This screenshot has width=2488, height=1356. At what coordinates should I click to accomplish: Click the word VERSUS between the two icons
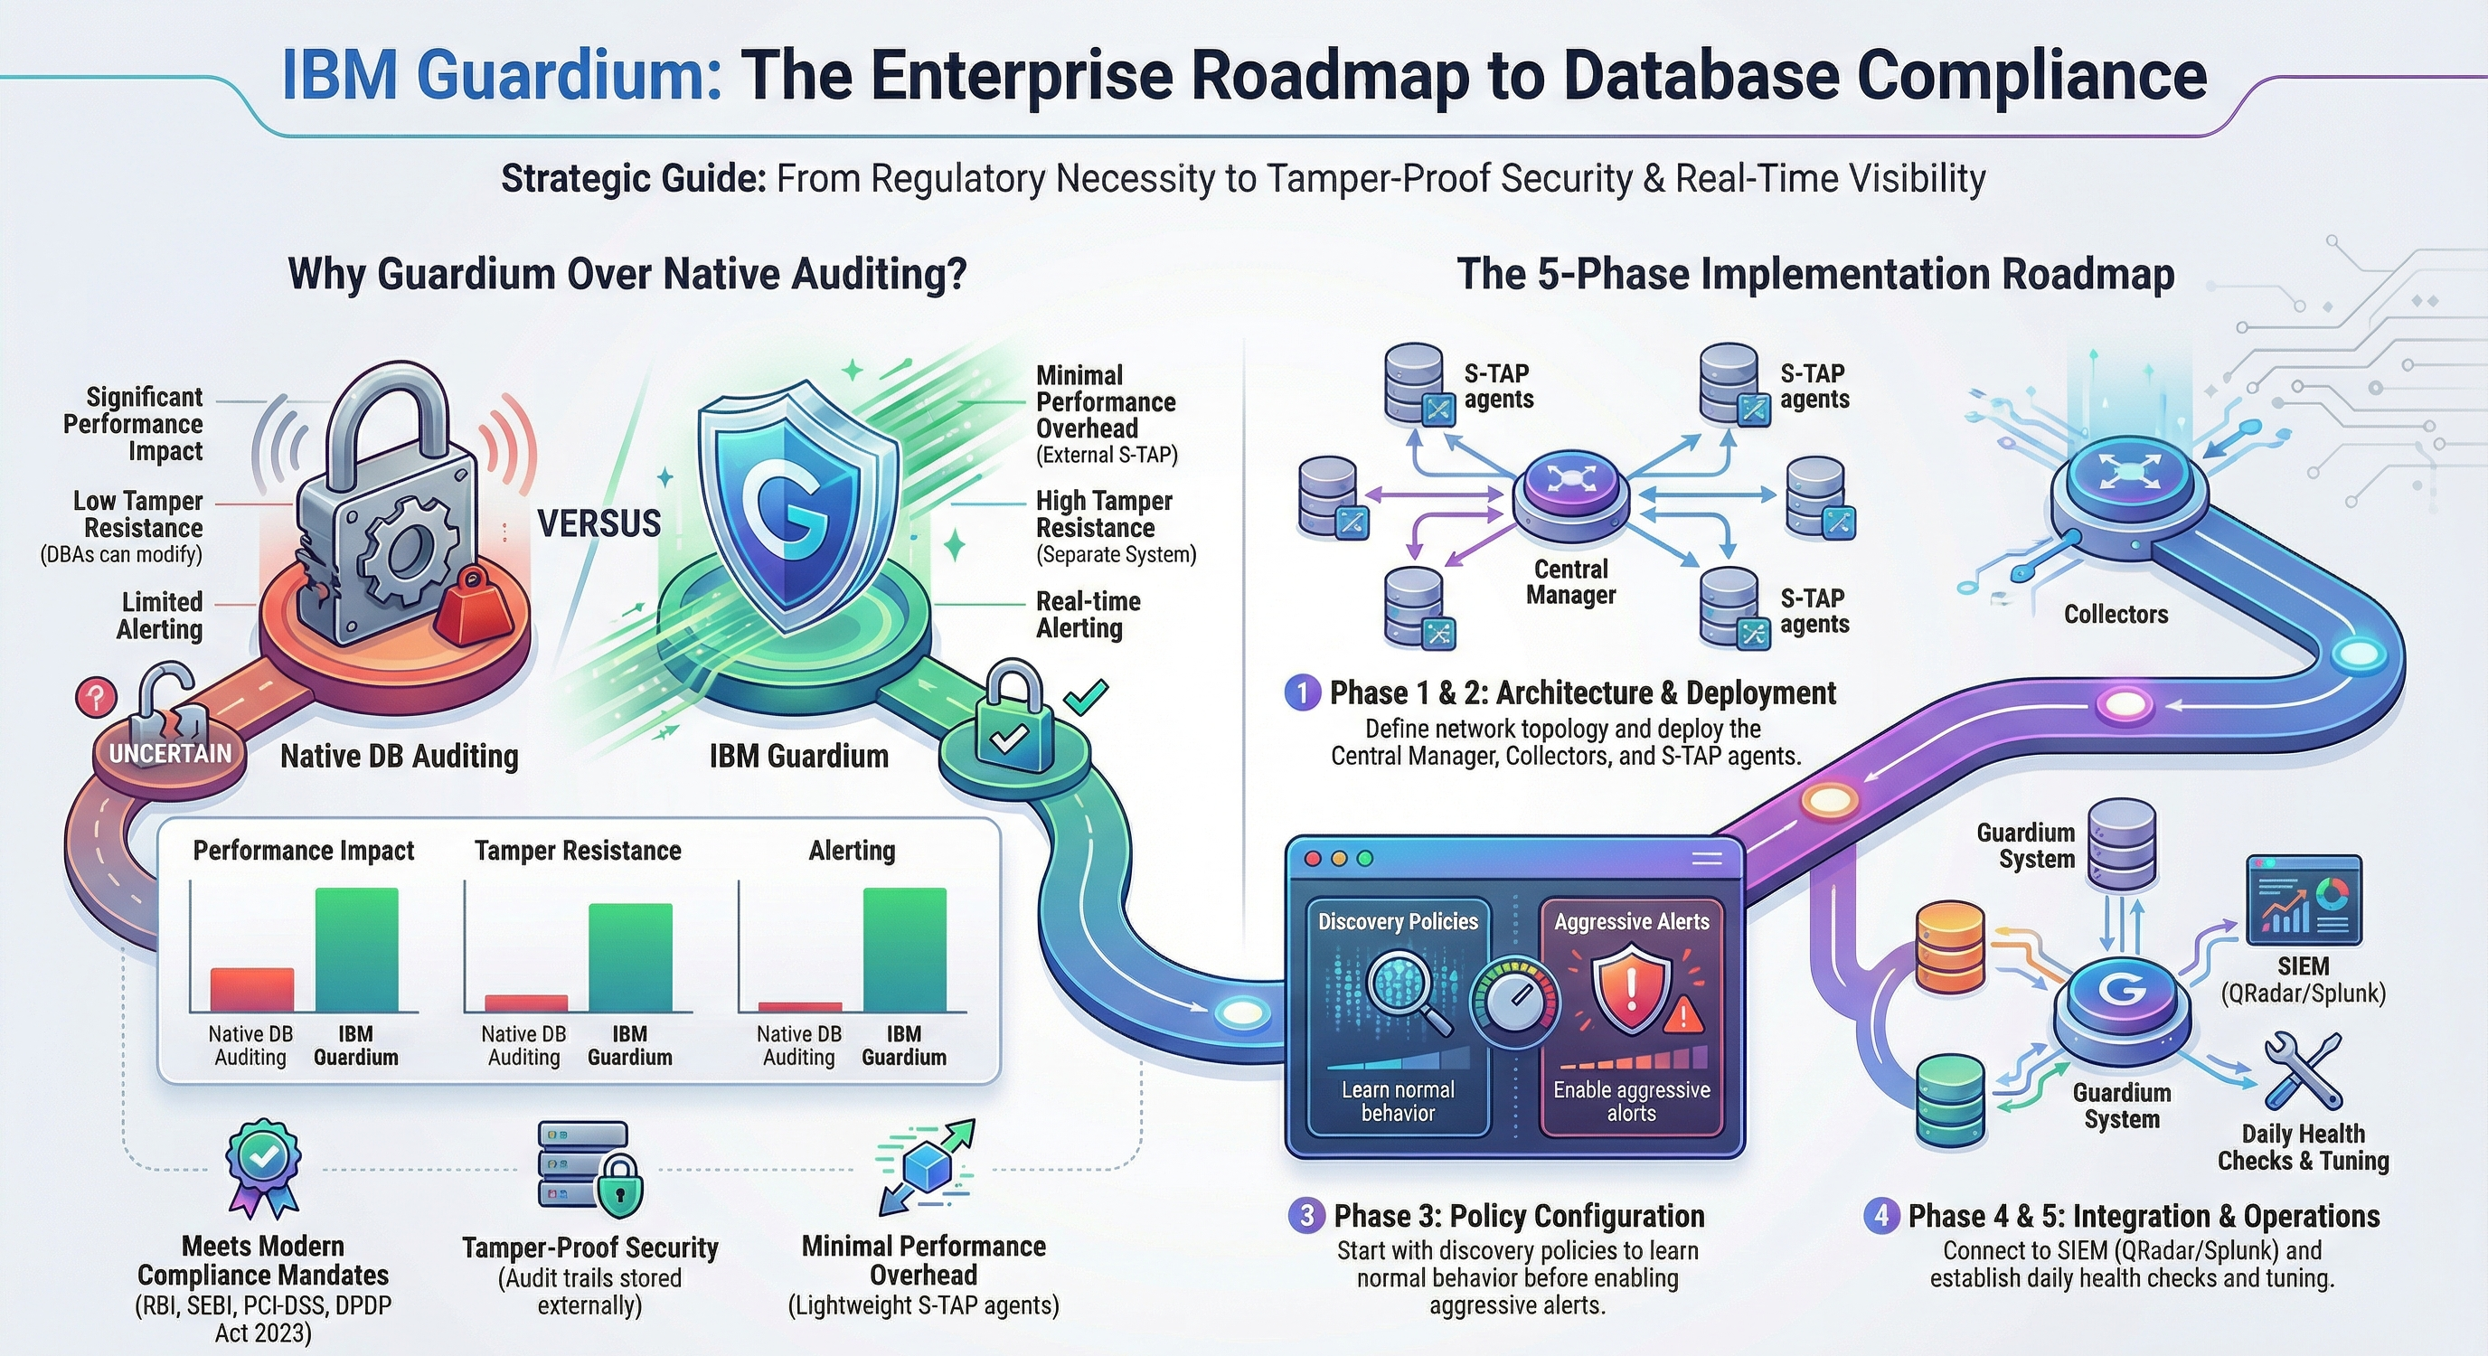598,523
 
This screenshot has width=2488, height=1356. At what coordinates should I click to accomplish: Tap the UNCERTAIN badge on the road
170,753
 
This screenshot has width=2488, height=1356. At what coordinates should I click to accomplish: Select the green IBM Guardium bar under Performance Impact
356,949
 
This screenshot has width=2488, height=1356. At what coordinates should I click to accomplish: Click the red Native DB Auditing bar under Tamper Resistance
525,1003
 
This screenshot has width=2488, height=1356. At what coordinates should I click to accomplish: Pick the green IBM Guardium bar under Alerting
904,949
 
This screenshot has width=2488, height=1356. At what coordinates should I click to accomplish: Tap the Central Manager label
1570,581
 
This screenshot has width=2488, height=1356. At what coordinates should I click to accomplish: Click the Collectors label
2116,614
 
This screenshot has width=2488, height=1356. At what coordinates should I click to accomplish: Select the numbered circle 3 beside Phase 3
1305,1215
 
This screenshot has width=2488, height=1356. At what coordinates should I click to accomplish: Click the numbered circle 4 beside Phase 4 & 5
1880,1215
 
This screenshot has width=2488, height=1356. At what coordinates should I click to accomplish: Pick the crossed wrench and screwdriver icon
2303,1070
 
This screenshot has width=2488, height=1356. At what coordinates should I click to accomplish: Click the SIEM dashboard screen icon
2304,900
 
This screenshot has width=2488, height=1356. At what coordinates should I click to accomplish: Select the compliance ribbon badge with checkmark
262,1167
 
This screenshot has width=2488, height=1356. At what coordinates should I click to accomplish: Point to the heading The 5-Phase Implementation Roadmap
1814,273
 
